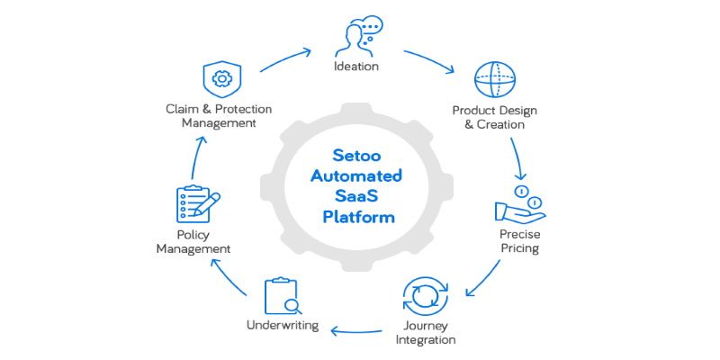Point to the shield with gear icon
[x=220, y=78]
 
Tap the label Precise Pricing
[x=519, y=240]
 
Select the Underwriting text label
[x=283, y=324]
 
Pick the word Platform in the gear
[x=358, y=217]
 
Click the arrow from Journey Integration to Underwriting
[x=357, y=330]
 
